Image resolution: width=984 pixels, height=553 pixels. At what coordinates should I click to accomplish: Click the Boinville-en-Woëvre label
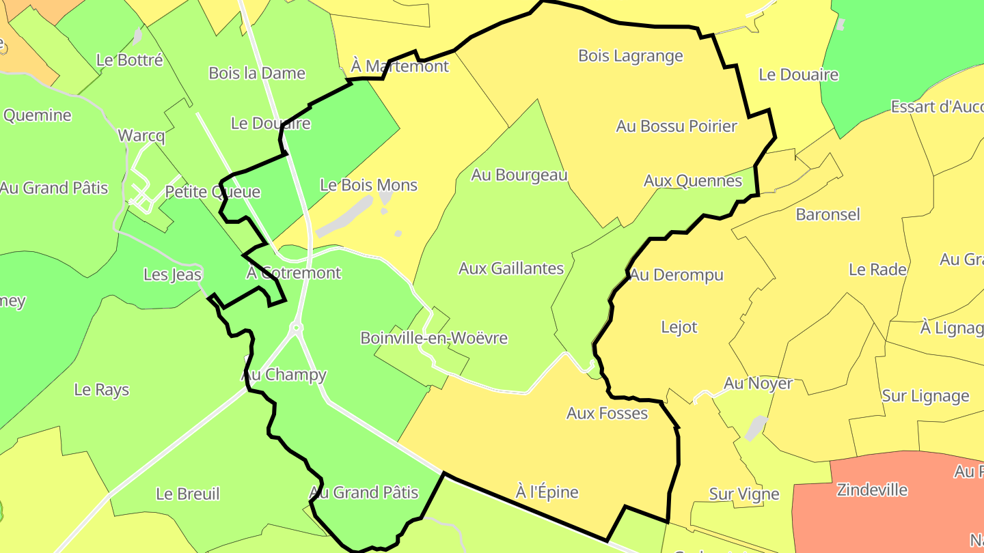pos(434,338)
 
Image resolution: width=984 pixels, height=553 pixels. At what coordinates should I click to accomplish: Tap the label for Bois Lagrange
pos(630,56)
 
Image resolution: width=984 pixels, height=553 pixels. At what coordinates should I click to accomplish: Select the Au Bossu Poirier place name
pos(676,126)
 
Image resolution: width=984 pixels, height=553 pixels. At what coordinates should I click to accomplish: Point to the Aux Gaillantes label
pos(511,268)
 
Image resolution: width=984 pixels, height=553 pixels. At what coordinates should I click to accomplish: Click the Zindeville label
pos(872,490)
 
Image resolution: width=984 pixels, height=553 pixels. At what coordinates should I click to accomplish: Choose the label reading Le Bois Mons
pos(368,185)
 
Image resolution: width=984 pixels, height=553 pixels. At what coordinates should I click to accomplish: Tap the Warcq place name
pos(141,135)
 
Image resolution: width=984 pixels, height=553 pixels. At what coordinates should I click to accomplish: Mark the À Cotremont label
pos(293,273)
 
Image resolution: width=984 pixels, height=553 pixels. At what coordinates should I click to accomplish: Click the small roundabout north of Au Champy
pos(297,328)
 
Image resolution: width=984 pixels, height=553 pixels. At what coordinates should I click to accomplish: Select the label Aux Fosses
pos(607,413)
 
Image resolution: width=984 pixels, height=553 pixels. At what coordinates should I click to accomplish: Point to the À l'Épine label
pos(547,492)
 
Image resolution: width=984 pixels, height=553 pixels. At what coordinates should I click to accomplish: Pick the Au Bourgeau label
pos(519,175)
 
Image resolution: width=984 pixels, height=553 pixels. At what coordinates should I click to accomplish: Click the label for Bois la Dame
pos(257,73)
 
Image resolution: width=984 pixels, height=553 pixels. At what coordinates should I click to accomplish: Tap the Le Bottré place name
pos(130,60)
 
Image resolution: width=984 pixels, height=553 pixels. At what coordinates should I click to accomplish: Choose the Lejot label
pos(679,327)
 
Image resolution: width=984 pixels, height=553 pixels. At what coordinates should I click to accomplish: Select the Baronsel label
pos(828,214)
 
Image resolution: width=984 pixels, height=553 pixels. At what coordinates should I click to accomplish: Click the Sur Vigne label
pos(744,494)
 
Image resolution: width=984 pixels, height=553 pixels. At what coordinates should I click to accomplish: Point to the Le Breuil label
pos(188,494)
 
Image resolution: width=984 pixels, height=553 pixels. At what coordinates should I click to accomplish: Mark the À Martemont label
pos(400,66)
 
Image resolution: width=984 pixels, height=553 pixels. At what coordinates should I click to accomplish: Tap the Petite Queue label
pos(213,192)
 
